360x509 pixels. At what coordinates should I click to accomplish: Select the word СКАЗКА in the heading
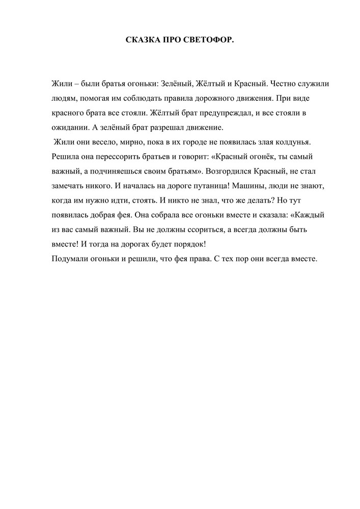pyautogui.click(x=142, y=40)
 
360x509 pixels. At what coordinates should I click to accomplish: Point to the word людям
pyautogui.click(x=64, y=98)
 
